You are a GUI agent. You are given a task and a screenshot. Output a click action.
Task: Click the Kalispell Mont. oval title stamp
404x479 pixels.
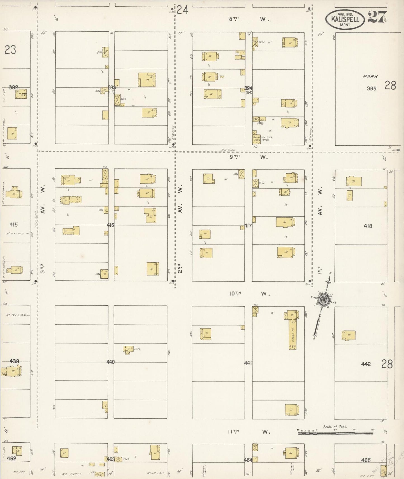click(x=345, y=19)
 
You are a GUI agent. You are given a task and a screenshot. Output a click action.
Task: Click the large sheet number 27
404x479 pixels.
click(x=377, y=17)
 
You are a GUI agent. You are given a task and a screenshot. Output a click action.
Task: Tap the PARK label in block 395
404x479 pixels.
click(x=370, y=77)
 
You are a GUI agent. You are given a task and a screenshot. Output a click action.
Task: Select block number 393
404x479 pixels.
click(x=112, y=88)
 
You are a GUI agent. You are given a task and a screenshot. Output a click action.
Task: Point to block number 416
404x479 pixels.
click(x=111, y=225)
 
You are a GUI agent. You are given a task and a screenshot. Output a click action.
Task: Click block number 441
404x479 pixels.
click(x=248, y=363)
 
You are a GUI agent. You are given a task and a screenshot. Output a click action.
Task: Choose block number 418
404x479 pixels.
click(x=368, y=226)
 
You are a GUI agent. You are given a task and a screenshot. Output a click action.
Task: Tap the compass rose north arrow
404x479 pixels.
click(x=324, y=300)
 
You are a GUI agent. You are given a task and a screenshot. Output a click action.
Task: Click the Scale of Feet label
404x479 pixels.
click(x=335, y=427)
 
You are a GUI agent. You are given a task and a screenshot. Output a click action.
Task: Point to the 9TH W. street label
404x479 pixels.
click(x=249, y=157)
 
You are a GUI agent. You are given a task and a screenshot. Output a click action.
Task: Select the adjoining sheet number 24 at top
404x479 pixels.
click(x=182, y=10)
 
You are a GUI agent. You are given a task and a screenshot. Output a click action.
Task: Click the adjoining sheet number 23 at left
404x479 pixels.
click(x=10, y=50)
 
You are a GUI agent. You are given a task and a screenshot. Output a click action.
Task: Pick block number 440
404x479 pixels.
click(x=110, y=362)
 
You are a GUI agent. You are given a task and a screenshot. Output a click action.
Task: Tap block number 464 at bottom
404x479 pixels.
click(x=248, y=460)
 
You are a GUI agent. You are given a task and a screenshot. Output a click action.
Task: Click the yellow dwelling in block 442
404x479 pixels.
click(x=349, y=335)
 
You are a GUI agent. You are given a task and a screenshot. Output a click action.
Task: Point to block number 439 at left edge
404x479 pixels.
click(x=14, y=361)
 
